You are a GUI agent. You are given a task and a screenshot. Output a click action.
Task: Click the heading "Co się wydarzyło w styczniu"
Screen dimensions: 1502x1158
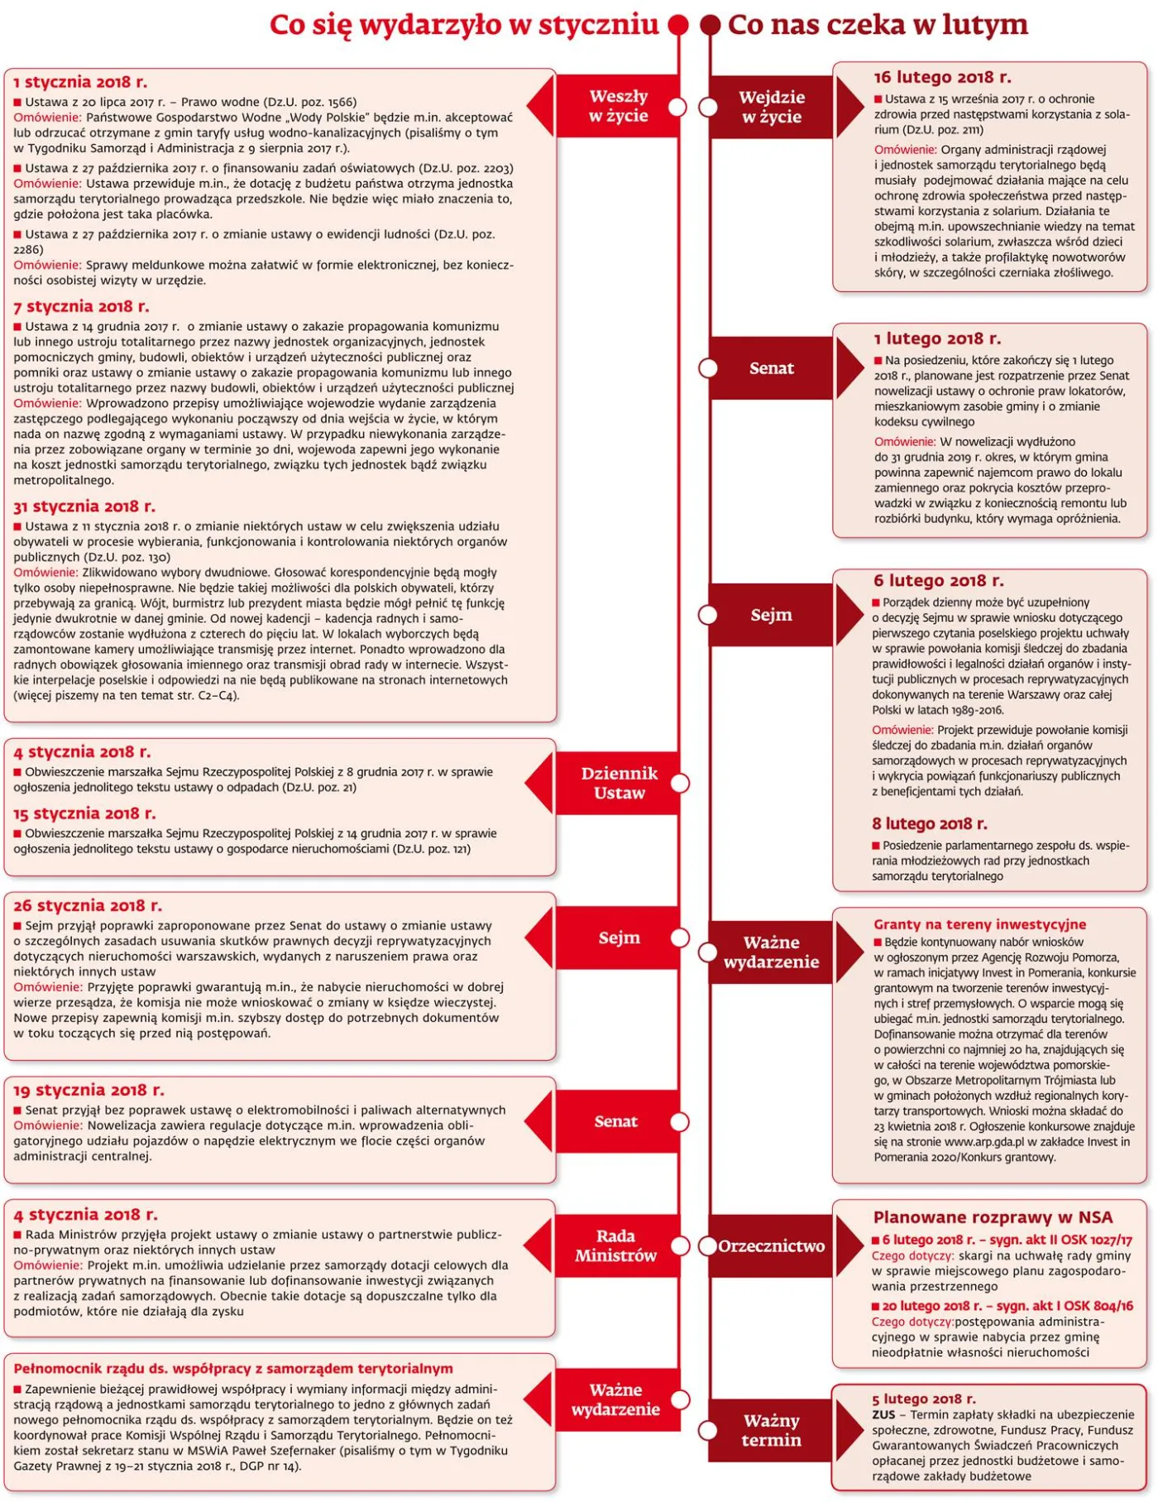[464, 25]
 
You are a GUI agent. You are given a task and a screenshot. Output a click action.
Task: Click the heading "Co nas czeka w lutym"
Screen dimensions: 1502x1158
[878, 25]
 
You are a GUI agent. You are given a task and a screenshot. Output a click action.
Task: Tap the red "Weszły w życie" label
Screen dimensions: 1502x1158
[618, 106]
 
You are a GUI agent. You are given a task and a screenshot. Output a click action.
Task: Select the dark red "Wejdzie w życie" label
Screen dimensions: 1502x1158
[771, 107]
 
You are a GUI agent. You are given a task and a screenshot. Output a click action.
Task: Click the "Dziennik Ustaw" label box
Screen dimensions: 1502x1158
[619, 783]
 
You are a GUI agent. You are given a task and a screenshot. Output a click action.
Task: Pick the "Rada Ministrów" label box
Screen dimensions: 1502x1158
[615, 1245]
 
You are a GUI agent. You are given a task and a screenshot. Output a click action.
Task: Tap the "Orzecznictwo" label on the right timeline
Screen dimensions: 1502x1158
[771, 1245]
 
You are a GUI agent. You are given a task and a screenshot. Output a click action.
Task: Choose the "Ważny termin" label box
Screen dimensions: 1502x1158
[771, 1430]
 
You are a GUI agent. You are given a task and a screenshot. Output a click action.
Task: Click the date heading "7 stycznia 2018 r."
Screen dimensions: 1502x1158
[81, 306]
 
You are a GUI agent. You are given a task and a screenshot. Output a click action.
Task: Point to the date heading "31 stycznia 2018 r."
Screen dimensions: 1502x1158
[84, 506]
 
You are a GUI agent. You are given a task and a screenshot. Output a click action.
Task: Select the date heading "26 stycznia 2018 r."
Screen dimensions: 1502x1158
[88, 905]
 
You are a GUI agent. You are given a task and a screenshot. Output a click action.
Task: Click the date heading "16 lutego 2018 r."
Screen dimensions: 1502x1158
[942, 77]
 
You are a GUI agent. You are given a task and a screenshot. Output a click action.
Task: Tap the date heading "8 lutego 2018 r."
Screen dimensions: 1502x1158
[929, 823]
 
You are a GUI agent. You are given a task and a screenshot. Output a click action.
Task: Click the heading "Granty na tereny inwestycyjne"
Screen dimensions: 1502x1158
[979, 924]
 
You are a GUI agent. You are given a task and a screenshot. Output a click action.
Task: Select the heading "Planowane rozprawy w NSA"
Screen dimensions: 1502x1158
[993, 1217]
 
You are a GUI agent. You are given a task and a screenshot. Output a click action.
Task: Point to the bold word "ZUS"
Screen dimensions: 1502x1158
[883, 1415]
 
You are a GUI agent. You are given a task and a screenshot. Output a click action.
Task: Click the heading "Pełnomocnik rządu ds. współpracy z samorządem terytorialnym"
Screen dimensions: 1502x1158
[233, 1369]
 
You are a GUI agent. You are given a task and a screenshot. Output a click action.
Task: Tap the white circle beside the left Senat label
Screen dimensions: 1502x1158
[679, 1122]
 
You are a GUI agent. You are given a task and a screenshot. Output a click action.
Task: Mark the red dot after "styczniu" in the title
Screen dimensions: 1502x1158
[678, 25]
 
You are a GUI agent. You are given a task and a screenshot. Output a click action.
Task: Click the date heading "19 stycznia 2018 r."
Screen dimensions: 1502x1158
[89, 1090]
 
